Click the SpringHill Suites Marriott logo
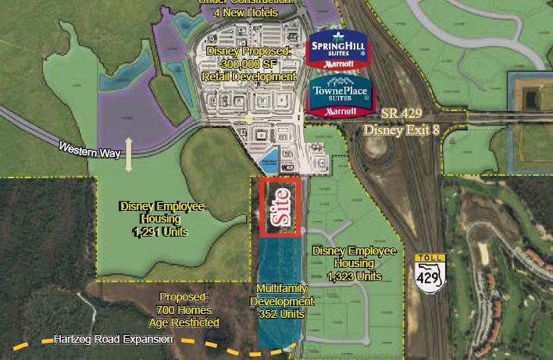tap(337, 49)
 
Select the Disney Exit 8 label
tap(401, 129)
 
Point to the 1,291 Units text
tap(162, 232)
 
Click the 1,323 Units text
tap(355, 276)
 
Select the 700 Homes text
tap(184, 310)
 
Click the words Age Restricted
tap(184, 323)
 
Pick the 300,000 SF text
tap(248, 64)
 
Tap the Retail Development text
tap(248, 77)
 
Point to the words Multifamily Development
tap(283, 295)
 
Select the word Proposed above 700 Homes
tap(184, 298)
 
